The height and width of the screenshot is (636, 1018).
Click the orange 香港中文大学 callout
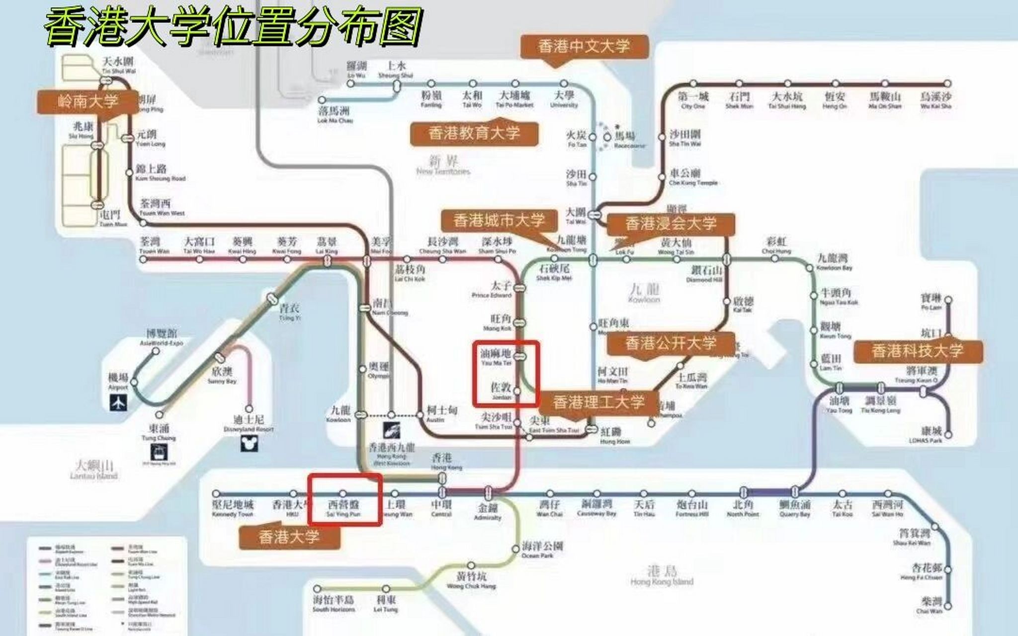pos(584,47)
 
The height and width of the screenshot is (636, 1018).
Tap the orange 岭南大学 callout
pos(87,102)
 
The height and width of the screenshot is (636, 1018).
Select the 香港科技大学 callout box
pos(918,351)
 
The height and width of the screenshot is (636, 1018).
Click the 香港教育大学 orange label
pos(474,133)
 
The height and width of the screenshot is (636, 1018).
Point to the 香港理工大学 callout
pos(598,402)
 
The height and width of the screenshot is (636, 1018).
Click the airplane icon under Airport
pos(118,402)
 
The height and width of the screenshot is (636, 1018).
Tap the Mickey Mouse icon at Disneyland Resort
pos(249,442)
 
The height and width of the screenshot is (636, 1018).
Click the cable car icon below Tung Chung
pos(159,451)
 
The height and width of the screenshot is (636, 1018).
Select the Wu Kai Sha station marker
pos(947,83)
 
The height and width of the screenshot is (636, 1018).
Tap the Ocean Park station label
pos(542,550)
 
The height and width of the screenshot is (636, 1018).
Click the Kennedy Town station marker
pos(216,494)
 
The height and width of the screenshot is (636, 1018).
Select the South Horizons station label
pos(333,604)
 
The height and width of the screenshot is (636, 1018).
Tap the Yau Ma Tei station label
pos(496,357)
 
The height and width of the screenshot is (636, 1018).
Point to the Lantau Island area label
pos(94,470)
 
